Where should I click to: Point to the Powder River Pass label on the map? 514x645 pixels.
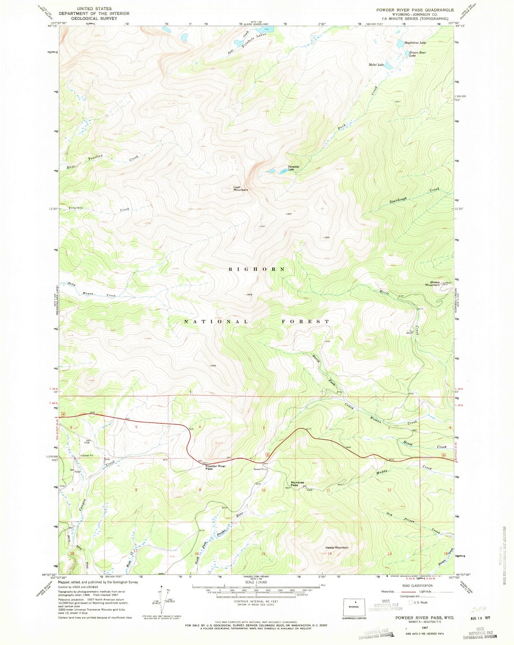pyautogui.click(x=216, y=467)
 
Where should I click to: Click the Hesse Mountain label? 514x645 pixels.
pyautogui.click(x=337, y=547)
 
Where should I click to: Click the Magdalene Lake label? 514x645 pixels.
pyautogui.click(x=415, y=42)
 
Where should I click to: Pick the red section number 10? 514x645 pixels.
pyautogui.click(x=263, y=490)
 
